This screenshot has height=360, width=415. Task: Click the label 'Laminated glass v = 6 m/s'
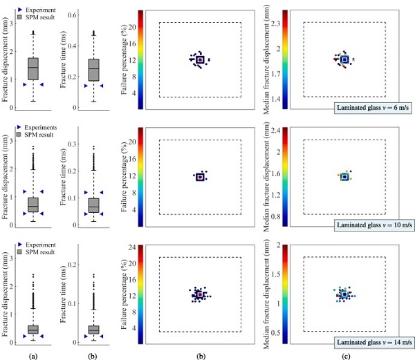pyautogui.click(x=374, y=107)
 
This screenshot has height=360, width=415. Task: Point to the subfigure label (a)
pyautogui.click(x=33, y=354)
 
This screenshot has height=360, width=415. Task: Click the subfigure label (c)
pyautogui.click(x=343, y=354)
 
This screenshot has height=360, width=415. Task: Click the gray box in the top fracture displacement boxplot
pyautogui.click(x=33, y=68)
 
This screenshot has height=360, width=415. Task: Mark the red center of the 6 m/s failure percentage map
pyautogui.click(x=200, y=60)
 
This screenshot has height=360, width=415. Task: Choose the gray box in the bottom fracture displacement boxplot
pyautogui.click(x=33, y=329)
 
